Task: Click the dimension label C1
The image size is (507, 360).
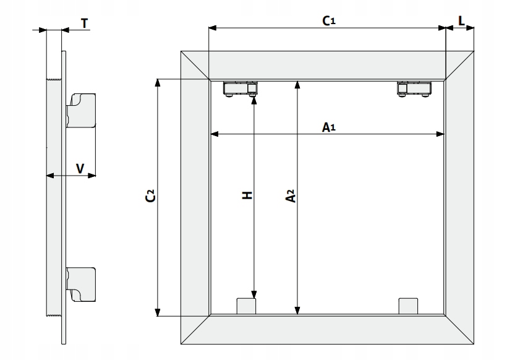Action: coord(329,20)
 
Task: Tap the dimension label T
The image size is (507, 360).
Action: coord(84,23)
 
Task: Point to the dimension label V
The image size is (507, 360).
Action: coord(80,168)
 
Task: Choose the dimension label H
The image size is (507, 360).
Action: coord(247,195)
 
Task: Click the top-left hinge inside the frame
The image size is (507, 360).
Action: coord(241,88)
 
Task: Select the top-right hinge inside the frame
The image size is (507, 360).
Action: coord(414,88)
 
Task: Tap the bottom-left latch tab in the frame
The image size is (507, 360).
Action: coord(246,306)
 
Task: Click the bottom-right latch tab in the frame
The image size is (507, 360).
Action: coord(409,306)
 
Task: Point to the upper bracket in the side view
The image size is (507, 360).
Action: coord(82,110)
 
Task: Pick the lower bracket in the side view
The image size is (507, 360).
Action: coord(82,283)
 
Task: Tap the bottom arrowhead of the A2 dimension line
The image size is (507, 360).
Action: coord(298,311)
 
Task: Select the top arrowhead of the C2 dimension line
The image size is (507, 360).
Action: coord(158,82)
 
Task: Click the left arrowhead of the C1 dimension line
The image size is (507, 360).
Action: coord(212,28)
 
